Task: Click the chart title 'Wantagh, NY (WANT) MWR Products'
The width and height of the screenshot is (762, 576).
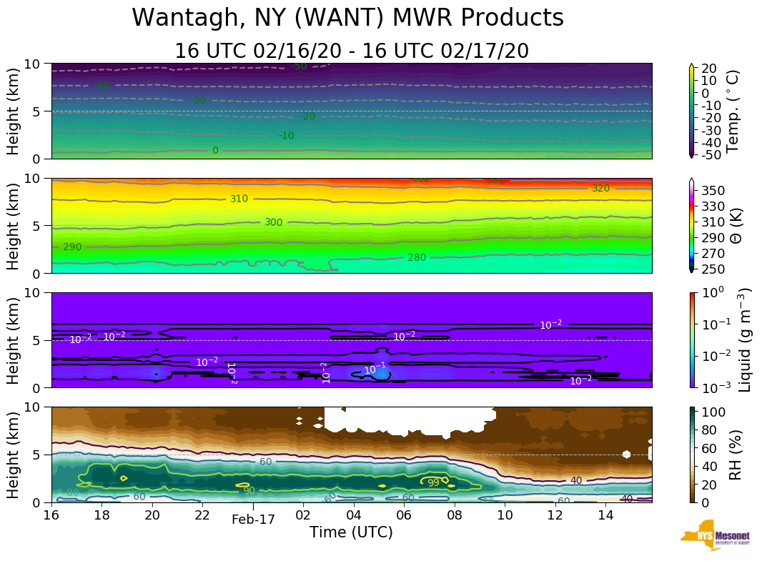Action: pyautogui.click(x=347, y=18)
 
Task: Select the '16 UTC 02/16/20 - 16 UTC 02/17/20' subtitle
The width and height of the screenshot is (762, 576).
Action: pyautogui.click(x=352, y=51)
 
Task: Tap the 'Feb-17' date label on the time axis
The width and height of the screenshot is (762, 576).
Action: pyautogui.click(x=253, y=520)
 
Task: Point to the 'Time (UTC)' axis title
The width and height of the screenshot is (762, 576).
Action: pyautogui.click(x=351, y=532)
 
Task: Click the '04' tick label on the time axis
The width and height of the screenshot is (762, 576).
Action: pyautogui.click(x=354, y=515)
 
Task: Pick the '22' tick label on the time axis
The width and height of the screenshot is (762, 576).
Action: pyautogui.click(x=203, y=515)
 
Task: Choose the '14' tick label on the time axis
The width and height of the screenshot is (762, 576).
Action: pyautogui.click(x=605, y=515)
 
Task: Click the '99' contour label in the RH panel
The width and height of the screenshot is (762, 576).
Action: pyautogui.click(x=433, y=483)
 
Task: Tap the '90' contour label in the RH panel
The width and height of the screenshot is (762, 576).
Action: pyautogui.click(x=249, y=491)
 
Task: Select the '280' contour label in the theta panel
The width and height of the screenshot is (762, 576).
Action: pyautogui.click(x=416, y=257)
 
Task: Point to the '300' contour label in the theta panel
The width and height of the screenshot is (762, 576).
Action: pyautogui.click(x=274, y=222)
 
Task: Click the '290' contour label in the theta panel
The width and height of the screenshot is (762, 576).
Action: pyautogui.click(x=72, y=247)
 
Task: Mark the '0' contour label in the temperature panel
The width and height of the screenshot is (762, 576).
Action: pyautogui.click(x=215, y=151)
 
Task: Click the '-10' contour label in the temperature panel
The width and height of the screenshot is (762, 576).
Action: pyautogui.click(x=286, y=136)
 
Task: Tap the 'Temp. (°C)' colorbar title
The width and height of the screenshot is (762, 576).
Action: pyautogui.click(x=732, y=111)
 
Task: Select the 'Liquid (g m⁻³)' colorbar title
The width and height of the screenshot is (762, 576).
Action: pyautogui.click(x=744, y=340)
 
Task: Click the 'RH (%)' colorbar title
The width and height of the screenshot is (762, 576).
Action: pyautogui.click(x=732, y=455)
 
